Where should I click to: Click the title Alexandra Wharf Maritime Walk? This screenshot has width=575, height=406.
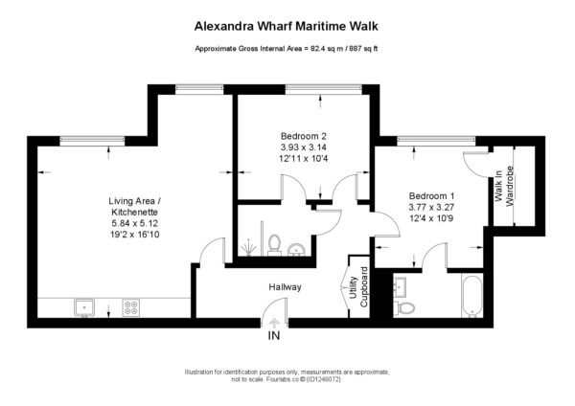click(286, 27)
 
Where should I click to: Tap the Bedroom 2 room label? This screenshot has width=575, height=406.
click(304, 136)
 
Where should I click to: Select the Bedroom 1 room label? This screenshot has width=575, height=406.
click(431, 195)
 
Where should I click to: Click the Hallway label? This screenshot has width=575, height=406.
click(285, 287)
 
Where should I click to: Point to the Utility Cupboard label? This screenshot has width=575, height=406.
click(359, 287)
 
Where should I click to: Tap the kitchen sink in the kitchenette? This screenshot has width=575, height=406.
click(84, 307)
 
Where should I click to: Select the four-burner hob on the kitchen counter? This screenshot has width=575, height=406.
click(131, 307)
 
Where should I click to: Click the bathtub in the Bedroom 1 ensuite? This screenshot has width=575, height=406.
click(472, 296)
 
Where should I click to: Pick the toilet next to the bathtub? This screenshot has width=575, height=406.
click(404, 307)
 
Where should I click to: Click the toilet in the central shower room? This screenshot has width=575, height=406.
click(274, 245)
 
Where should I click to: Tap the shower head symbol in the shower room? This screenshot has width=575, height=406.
click(248, 248)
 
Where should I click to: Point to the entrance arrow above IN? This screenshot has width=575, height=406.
click(274, 323)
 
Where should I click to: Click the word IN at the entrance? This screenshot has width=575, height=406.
click(274, 335)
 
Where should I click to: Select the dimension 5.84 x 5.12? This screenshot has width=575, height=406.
click(135, 223)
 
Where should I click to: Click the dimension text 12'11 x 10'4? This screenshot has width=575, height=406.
click(304, 159)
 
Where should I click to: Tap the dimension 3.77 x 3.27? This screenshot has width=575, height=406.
click(431, 207)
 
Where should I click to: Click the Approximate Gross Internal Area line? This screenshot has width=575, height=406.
click(286, 49)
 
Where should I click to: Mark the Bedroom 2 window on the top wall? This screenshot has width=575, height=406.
click(324, 88)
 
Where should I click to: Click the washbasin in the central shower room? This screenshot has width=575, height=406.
click(297, 250)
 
